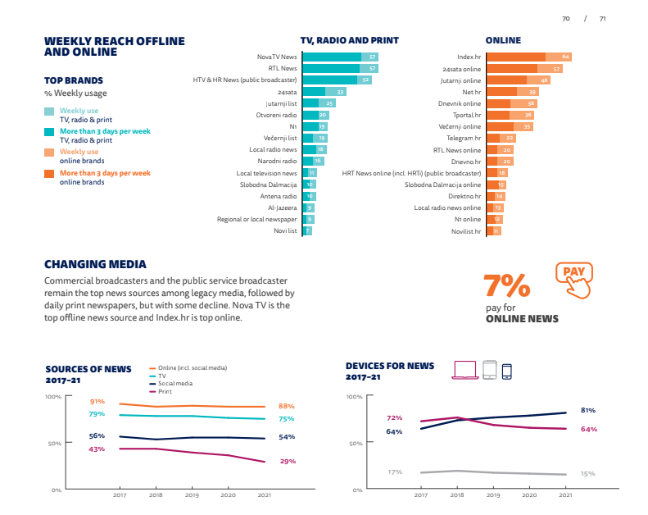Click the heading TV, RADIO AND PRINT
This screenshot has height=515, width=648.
349,40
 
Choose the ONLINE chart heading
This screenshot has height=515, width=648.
503,40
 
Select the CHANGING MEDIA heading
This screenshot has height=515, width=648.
95,264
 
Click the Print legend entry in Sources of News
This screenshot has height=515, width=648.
165,392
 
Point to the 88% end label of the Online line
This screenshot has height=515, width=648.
286,406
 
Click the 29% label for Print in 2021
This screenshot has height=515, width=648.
287,462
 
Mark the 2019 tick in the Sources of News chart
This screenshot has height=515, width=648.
191,495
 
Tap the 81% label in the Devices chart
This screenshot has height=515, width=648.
587,409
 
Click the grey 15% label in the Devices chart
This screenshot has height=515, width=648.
587,473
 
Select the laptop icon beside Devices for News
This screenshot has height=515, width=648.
464,370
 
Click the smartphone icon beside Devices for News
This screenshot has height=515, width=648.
506,370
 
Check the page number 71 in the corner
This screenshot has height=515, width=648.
602,18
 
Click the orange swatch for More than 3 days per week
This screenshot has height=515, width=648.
49,174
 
